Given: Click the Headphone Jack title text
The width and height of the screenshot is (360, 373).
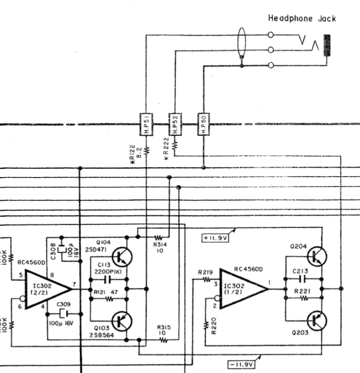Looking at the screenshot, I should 302,18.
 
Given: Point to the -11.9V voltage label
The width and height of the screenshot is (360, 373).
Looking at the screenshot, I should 241,364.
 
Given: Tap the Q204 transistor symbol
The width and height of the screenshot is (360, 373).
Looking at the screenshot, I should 318,257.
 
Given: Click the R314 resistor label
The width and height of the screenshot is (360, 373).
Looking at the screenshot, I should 159,245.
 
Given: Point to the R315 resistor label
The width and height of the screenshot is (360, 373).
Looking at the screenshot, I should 163,328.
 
